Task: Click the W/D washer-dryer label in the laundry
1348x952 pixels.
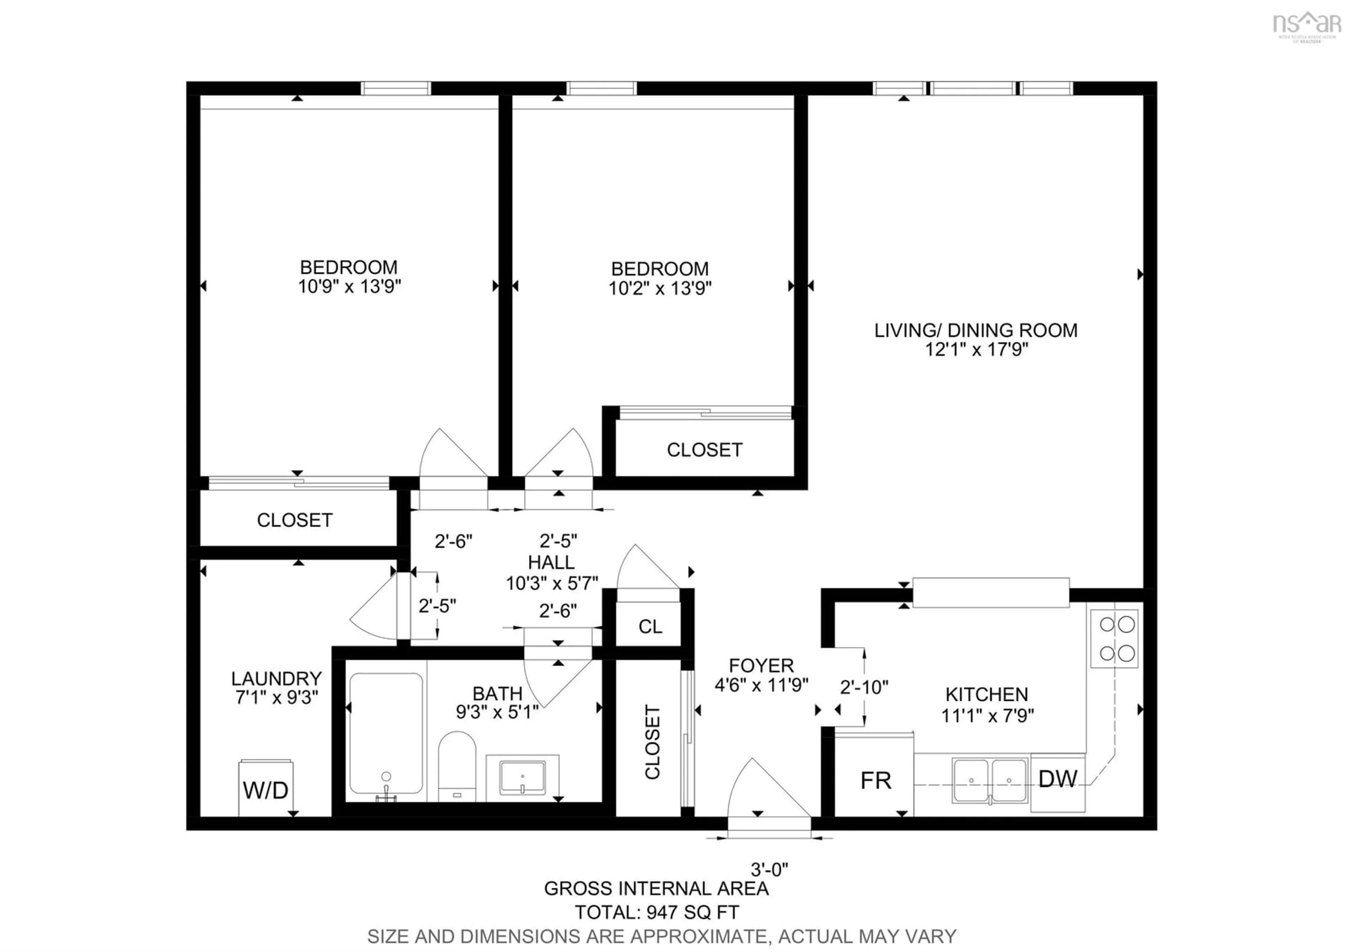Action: [x=265, y=790]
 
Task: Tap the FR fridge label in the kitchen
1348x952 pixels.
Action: [x=875, y=781]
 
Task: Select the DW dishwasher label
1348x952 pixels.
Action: [x=1057, y=779]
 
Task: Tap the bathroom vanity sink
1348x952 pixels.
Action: [x=522, y=778]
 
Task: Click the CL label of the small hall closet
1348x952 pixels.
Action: [x=650, y=627]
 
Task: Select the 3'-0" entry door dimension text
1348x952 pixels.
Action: [x=769, y=869]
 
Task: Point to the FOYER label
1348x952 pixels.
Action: [x=761, y=666]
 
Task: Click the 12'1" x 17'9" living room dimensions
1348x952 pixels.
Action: [x=976, y=350]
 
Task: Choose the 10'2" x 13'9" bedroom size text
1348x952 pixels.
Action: [x=660, y=288]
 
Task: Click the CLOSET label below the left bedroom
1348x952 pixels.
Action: [x=295, y=520]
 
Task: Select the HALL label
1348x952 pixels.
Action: [x=551, y=562]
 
